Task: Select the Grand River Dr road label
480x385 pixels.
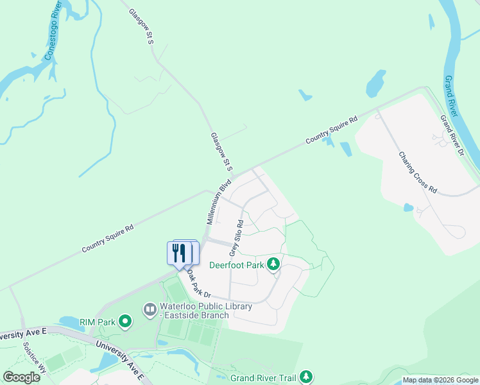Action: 452,135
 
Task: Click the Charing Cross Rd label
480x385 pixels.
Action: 418,173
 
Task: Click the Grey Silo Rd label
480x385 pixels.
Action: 237,239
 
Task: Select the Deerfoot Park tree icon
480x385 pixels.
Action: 273,264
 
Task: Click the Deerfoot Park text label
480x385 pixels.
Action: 237,264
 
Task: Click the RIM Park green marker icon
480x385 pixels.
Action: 126,321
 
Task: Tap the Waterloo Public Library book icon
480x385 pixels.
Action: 150,311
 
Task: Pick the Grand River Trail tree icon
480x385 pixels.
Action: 307,377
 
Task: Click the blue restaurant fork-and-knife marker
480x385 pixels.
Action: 182,252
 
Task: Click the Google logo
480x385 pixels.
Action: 21,377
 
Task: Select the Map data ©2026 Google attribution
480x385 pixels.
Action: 441,381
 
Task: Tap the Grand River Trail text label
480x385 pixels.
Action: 264,378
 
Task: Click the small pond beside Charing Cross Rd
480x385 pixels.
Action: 408,208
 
